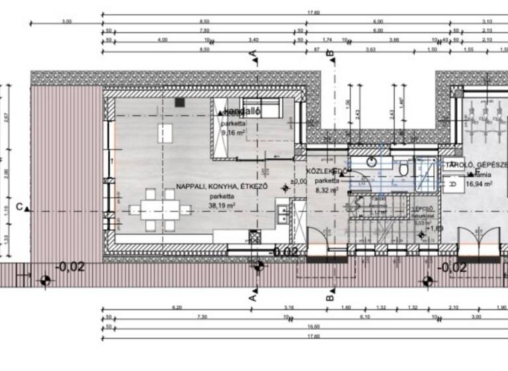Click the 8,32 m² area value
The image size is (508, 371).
click(x=327, y=189)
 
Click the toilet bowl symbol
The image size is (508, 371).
click(x=403, y=170)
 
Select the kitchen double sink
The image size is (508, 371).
click(x=282, y=213)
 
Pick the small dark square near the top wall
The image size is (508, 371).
click(x=179, y=103)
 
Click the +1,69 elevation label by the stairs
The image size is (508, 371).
click(x=435, y=229)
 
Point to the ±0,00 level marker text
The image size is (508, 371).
click(x=299, y=181)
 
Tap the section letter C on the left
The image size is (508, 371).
click(x=20, y=207)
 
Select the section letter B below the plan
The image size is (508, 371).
click(x=329, y=298)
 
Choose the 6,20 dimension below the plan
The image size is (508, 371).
click(x=176, y=307)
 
